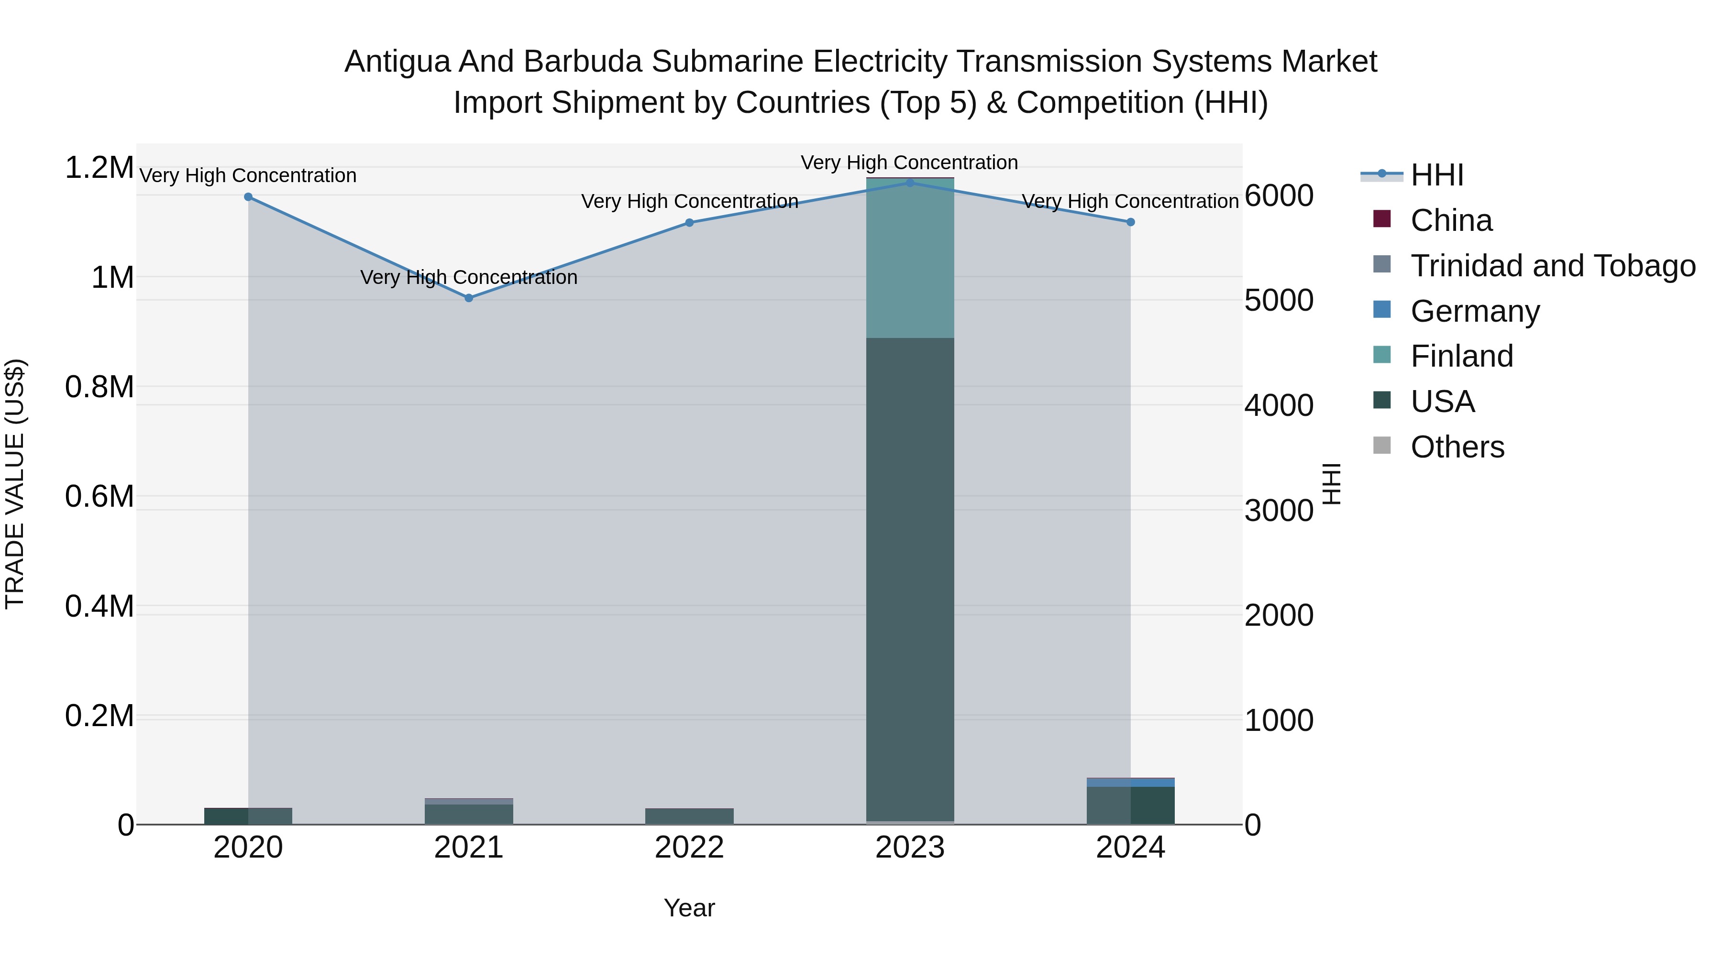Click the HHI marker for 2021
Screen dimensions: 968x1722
469,298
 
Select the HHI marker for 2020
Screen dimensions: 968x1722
248,197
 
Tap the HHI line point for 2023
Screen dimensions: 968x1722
910,183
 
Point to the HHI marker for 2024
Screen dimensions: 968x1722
1130,222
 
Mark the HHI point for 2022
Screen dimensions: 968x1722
689,222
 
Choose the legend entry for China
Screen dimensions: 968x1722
1451,220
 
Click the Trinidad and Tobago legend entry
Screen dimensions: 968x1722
1552,266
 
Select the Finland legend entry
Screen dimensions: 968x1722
1461,356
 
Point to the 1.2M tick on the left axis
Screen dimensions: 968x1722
99,168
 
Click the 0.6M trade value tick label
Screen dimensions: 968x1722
99,496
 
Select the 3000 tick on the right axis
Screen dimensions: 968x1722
1279,511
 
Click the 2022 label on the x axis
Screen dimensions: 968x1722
689,848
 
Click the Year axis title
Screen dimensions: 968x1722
689,908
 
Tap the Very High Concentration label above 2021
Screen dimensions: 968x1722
469,277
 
